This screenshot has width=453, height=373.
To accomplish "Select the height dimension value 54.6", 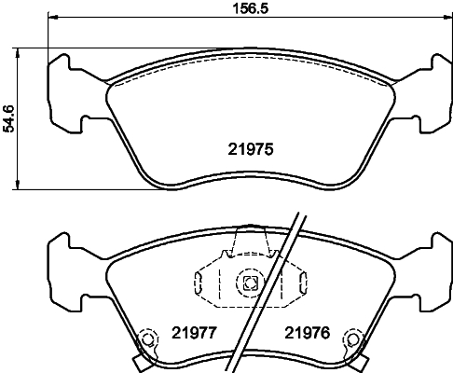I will (x=9, y=118).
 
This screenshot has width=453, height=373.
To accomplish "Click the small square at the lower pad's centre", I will (x=249, y=284).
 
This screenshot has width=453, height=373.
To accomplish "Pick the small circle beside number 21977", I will (x=146, y=340).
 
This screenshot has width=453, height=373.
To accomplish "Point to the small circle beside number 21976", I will (x=351, y=340).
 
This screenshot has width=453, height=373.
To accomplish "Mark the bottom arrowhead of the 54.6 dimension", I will (x=21, y=186).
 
